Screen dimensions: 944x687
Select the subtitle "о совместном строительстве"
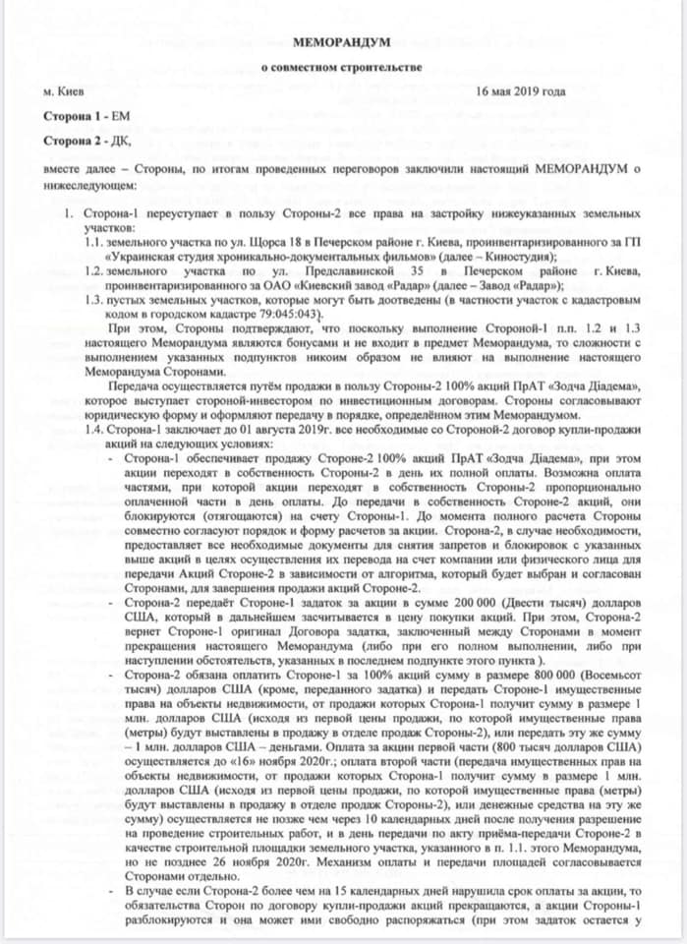(x=341, y=68)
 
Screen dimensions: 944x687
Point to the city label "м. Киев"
(x=64, y=91)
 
